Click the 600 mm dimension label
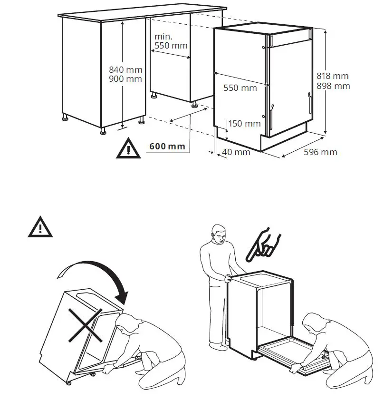pyautogui.click(x=167, y=146)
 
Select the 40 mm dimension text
pyautogui.click(x=236, y=152)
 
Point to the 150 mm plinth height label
pyautogui.click(x=244, y=124)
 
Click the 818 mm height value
pyautogui.click(x=333, y=76)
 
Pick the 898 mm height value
pyautogui.click(x=333, y=86)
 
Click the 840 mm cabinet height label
pyautogui.click(x=125, y=70)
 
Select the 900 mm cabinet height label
pyautogui.click(x=125, y=79)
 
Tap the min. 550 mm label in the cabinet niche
pyautogui.click(x=171, y=41)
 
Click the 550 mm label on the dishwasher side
pyautogui.click(x=240, y=88)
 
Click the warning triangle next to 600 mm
pyautogui.click(x=128, y=148)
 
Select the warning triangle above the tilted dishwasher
pyautogui.click(x=40, y=227)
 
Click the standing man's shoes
pyautogui.click(x=219, y=346)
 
